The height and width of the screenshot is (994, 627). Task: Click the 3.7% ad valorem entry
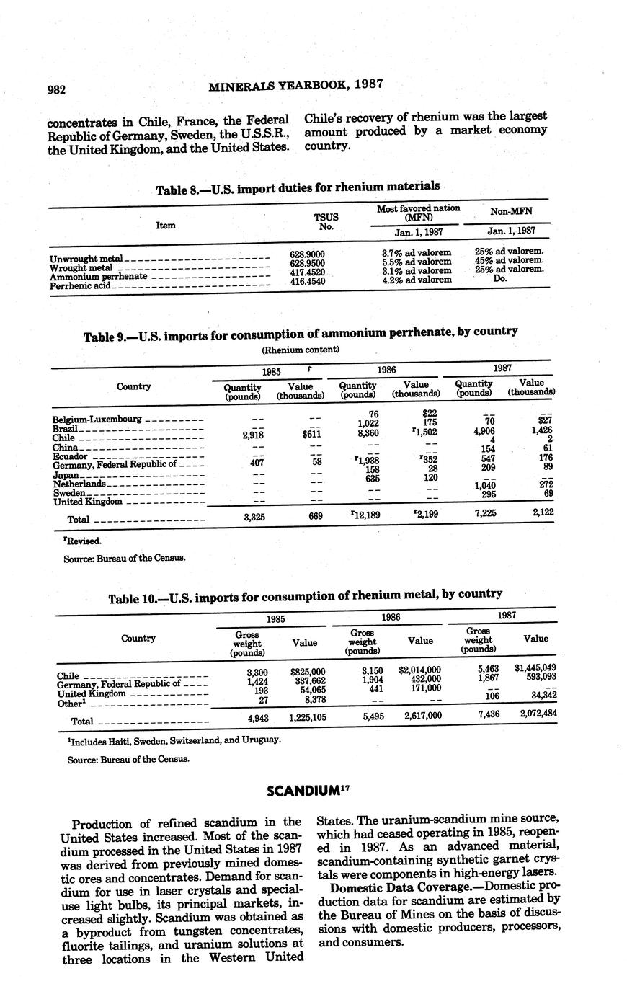point(417,253)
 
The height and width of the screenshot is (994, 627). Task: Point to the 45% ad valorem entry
point(510,260)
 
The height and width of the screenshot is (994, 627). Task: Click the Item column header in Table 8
point(166,225)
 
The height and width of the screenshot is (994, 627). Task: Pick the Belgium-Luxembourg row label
point(97,420)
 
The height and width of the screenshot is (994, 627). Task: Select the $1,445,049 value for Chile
point(535,668)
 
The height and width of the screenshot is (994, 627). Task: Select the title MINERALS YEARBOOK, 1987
point(295,85)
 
